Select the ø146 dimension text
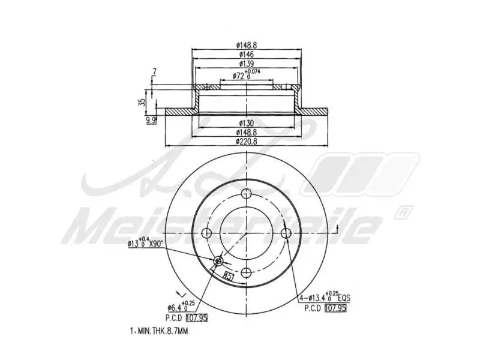click(246, 53)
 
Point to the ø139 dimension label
click(246, 63)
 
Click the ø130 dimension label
click(246, 123)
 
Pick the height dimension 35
click(141, 101)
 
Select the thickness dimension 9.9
click(151, 121)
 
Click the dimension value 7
click(154, 72)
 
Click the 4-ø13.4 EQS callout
click(325, 297)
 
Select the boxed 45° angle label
click(229, 275)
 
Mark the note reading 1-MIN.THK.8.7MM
click(158, 331)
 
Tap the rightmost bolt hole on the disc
click(286, 233)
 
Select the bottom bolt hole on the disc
click(246, 273)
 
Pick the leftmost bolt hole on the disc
click(206, 233)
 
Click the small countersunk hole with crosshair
click(218, 261)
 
